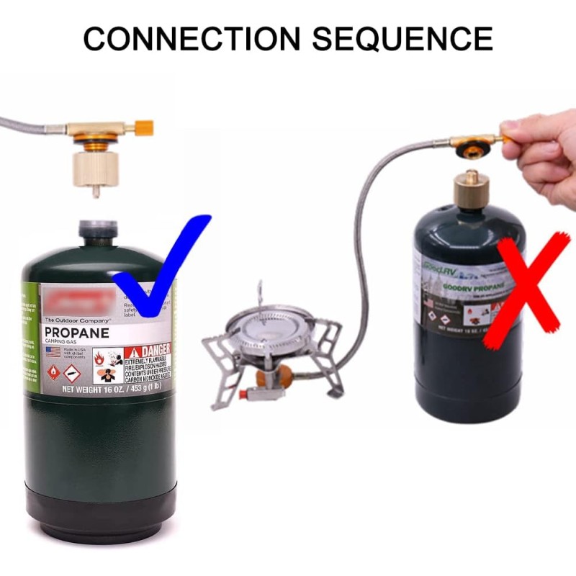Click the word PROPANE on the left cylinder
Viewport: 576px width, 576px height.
[76, 333]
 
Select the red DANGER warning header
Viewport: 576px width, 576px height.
[148, 350]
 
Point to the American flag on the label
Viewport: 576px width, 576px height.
[53, 351]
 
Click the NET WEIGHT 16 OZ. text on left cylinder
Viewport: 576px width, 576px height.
[108, 389]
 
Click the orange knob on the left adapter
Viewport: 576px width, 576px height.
[144, 129]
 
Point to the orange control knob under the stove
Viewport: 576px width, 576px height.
[284, 374]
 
